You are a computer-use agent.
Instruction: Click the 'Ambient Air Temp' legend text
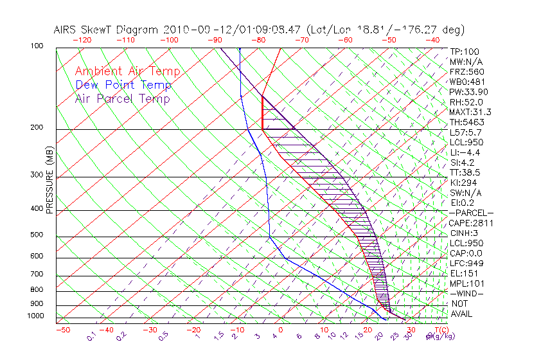coord(127,72)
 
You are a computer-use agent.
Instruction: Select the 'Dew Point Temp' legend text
coord(123,85)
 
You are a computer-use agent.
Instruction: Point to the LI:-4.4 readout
coord(465,152)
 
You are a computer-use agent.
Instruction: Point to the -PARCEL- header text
coord(471,213)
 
